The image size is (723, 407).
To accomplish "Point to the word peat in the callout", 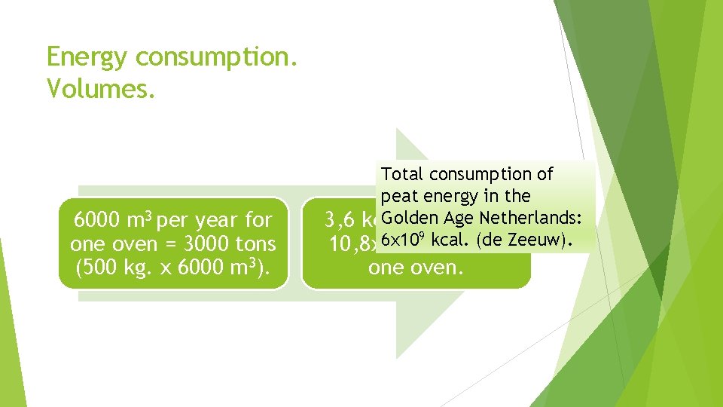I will click(398, 197).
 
